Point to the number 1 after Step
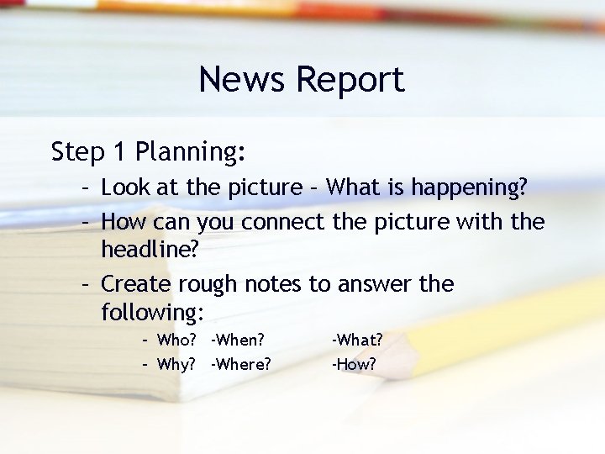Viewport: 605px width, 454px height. (119, 151)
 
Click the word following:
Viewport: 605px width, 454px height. (152, 314)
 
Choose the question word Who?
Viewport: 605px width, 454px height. (176, 340)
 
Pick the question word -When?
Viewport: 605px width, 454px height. (238, 340)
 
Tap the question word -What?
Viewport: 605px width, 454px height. (357, 340)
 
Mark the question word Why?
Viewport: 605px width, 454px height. (176, 365)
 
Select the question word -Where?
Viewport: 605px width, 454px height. (241, 365)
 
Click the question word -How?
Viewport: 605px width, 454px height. (354, 365)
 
